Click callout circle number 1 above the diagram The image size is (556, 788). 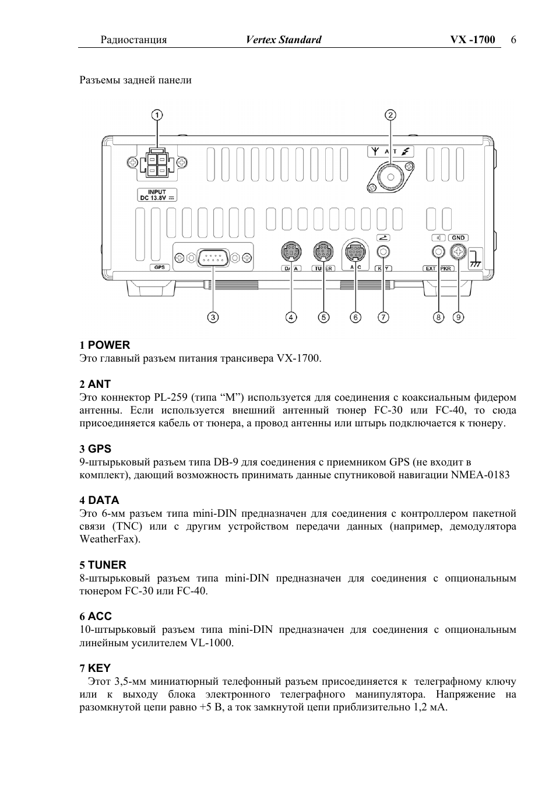coord(157,114)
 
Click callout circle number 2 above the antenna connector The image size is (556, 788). coord(390,114)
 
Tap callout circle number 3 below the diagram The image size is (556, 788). coord(213,317)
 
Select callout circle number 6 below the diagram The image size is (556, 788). coord(356,317)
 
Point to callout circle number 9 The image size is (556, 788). coord(459,317)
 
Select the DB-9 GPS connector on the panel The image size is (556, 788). coord(213,257)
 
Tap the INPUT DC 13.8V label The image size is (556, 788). coord(157,195)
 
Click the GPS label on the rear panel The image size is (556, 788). coord(159,267)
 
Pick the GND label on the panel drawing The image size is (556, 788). coord(459,237)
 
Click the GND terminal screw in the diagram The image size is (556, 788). coord(459,252)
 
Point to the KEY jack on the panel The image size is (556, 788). coord(383,252)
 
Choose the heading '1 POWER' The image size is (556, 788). coord(105,345)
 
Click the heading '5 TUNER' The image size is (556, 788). coord(103,565)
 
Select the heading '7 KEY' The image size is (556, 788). coord(95,668)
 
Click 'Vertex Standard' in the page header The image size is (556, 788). coord(283,40)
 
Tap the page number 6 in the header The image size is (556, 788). coord(513,40)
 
